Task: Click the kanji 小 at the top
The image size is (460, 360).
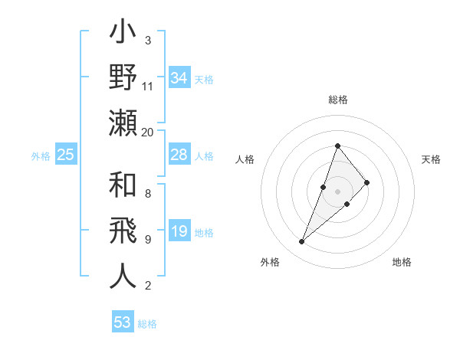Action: point(123,34)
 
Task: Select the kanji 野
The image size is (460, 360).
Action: point(123,79)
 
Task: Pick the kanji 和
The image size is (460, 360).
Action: point(123,186)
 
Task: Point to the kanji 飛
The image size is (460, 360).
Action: point(123,231)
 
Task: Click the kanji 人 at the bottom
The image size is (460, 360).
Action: point(123,277)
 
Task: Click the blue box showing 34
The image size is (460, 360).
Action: point(179,78)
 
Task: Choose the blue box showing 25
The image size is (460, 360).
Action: point(65,155)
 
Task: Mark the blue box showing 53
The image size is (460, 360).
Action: point(123,322)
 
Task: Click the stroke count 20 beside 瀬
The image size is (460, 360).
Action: point(148,133)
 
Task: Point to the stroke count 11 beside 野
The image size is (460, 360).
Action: point(148,86)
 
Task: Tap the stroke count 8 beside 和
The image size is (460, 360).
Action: point(148,194)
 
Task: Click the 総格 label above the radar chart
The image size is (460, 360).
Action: point(338,100)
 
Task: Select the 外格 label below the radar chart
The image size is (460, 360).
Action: point(270,262)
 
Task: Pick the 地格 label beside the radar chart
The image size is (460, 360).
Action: point(402,262)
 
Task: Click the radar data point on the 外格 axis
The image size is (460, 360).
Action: point(302,242)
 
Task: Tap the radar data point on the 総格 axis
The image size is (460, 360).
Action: point(337,146)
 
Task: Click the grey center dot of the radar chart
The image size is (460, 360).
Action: point(337,191)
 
